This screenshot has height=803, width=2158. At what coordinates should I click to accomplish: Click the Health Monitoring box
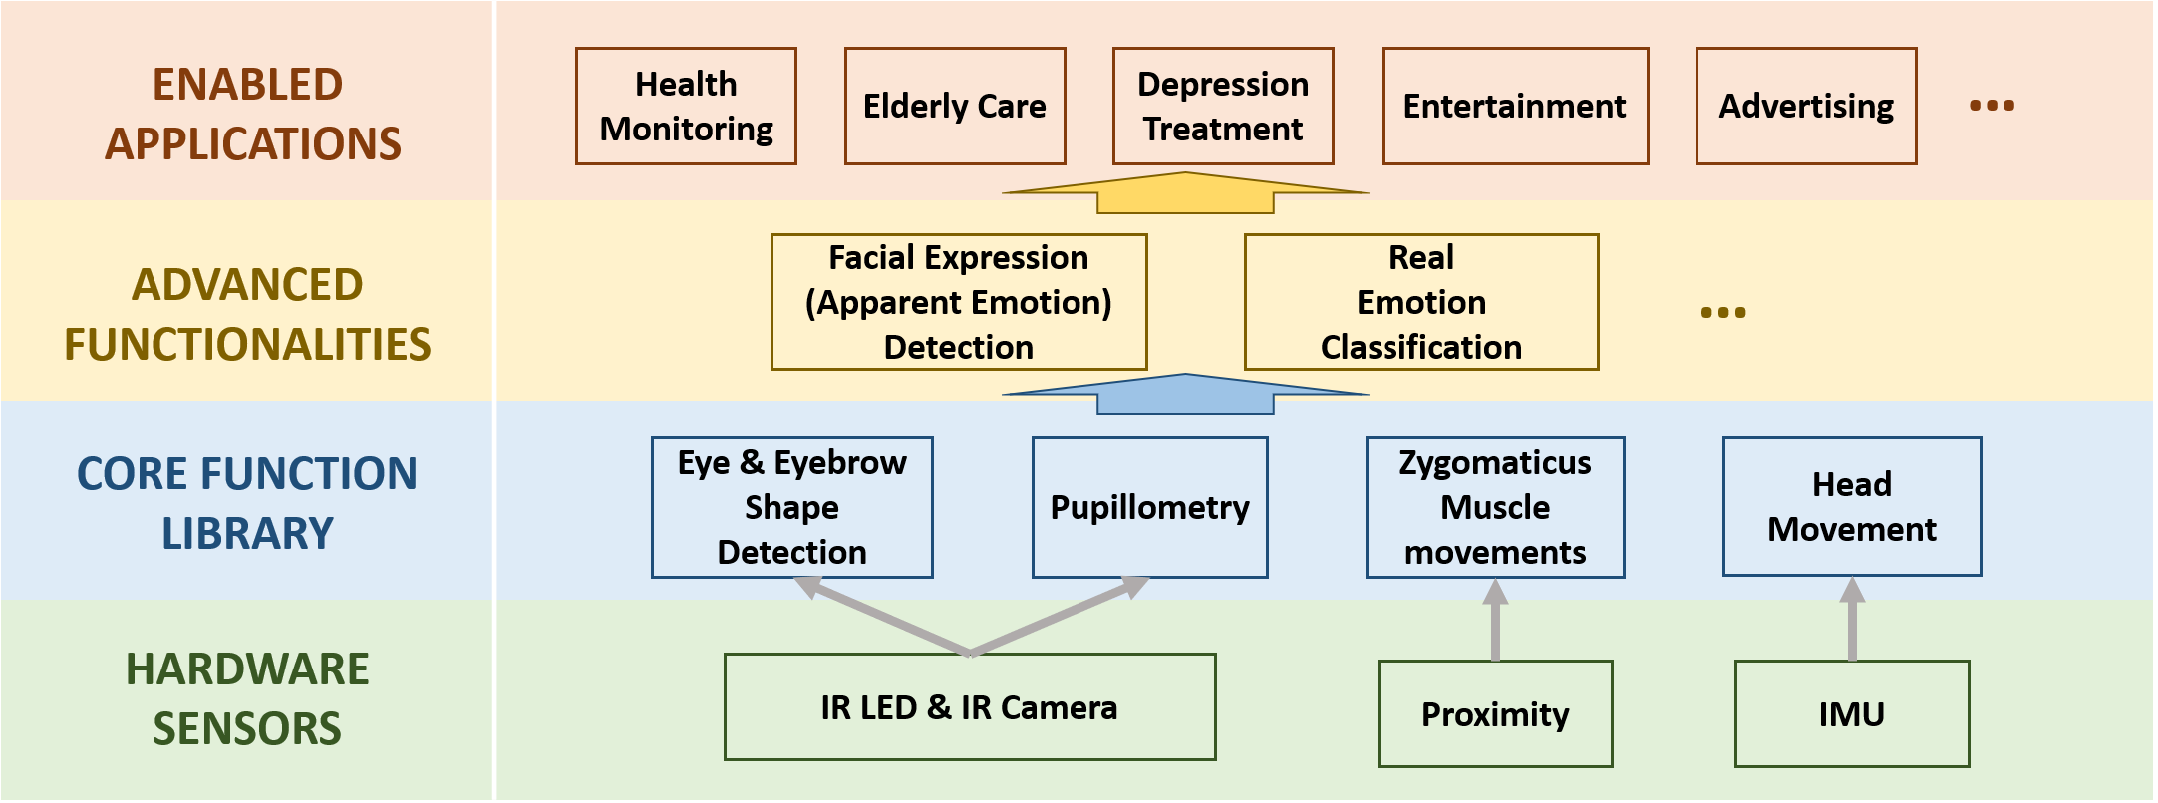coord(686,106)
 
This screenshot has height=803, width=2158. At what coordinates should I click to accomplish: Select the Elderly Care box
coord(954,106)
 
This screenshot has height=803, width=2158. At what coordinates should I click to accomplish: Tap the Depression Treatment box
coord(1222,106)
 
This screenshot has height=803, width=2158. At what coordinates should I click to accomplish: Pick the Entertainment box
coord(1514,106)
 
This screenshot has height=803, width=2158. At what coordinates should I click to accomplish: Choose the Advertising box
coord(1805,106)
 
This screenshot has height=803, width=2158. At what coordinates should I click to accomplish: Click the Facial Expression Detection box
coord(958,302)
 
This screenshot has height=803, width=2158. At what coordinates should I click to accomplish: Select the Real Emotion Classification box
coord(1420,302)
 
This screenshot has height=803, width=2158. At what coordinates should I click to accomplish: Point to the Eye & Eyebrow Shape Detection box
coord(791,507)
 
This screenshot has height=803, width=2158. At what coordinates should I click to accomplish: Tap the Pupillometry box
coord(1149,507)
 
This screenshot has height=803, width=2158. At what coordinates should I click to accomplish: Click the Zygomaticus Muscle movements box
coord(1494,507)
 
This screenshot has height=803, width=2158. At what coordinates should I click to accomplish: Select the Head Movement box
coord(1851,506)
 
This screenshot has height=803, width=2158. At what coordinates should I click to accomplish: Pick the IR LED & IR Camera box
coord(969,707)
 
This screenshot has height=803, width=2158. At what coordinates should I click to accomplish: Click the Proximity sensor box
coord(1494,714)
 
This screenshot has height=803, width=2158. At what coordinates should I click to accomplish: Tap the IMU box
coord(1851,714)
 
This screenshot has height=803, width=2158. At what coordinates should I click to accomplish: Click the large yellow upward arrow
coord(1185,193)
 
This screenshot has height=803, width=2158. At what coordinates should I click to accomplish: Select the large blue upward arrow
coord(1185,395)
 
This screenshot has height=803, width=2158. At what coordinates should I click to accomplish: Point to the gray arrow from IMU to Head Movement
coord(1852,620)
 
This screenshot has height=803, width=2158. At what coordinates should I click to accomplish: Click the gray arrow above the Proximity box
coord(1495,620)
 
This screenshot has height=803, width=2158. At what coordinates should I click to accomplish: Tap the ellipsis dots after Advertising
coord(1992,105)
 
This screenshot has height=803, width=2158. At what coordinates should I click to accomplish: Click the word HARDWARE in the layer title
coord(247,669)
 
